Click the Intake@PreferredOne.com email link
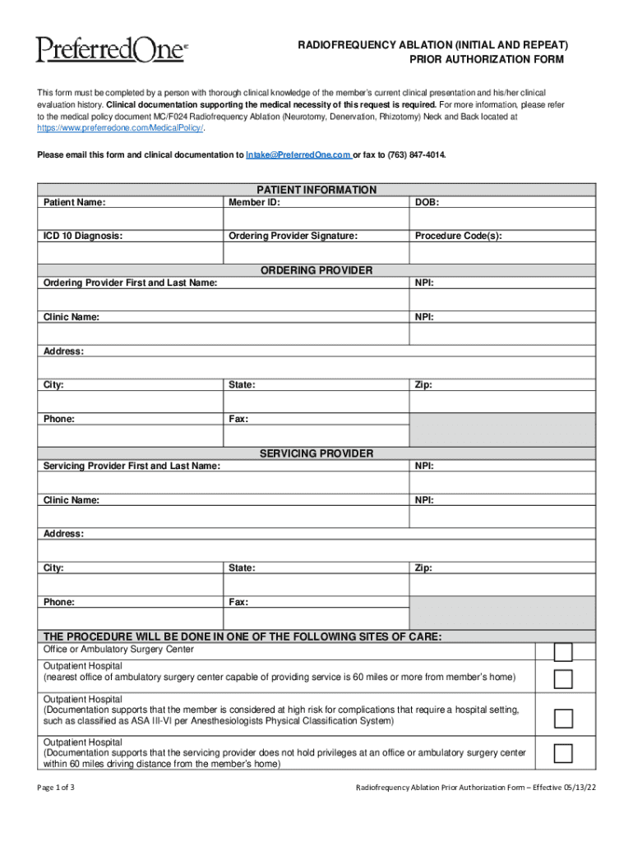point(293,154)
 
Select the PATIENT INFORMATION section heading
point(316,190)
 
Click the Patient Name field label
point(74,202)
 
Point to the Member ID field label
point(254,202)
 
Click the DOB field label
point(426,202)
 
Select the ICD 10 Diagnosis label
point(83,237)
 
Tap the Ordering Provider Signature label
point(293,237)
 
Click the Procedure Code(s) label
point(458,237)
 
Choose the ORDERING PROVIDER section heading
point(316,270)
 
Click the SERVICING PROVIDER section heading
point(316,453)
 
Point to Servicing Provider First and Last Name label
point(132,466)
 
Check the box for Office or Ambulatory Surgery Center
point(563,652)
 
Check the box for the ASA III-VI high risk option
point(563,718)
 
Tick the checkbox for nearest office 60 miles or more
point(563,678)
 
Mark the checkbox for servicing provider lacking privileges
point(563,753)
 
